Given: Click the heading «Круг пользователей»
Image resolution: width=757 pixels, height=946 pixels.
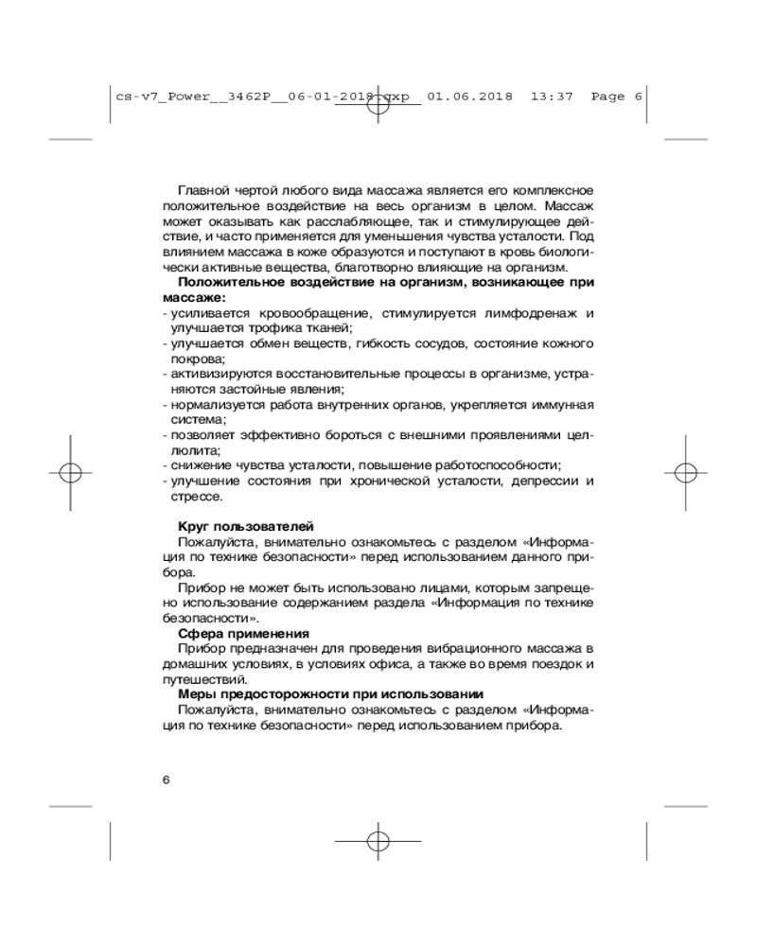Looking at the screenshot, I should (x=246, y=526).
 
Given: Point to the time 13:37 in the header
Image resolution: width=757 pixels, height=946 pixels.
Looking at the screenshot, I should (x=552, y=96).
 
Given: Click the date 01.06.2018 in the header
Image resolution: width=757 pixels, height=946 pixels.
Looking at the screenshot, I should (x=470, y=96).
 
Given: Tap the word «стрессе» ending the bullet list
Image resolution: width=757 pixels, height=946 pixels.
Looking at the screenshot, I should (x=197, y=496).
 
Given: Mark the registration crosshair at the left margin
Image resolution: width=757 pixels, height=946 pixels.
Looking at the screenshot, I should (x=75, y=472).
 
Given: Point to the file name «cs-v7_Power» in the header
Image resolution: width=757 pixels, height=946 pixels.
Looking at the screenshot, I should (x=151, y=96).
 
